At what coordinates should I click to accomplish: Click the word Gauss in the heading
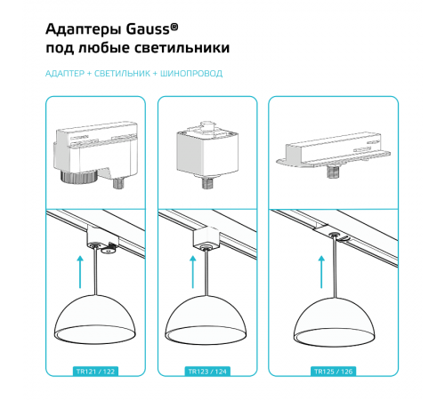[148, 29]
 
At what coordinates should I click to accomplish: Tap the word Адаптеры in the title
[84, 30]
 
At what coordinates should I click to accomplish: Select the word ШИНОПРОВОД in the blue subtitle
[191, 74]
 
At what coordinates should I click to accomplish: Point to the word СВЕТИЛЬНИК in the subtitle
[122, 74]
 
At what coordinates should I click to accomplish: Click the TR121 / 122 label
[95, 372]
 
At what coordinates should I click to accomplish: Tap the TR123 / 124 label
[207, 372]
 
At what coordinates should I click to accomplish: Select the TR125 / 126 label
[333, 372]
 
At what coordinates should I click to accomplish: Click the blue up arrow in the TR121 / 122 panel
[80, 272]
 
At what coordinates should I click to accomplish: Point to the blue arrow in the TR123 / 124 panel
[193, 272]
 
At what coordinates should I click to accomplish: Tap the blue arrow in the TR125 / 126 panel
[321, 272]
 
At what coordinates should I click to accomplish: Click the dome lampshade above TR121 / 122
[95, 319]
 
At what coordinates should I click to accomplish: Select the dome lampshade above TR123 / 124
[206, 320]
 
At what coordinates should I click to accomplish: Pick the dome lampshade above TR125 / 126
[334, 322]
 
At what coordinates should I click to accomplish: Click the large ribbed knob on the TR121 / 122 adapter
[78, 175]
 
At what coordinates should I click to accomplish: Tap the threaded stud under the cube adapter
[207, 181]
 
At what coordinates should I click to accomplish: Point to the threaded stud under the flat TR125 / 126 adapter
[334, 172]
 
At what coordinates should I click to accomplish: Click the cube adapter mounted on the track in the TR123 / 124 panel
[206, 237]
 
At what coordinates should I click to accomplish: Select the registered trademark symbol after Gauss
[174, 28]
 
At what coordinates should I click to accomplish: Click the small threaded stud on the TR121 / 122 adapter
[119, 183]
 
